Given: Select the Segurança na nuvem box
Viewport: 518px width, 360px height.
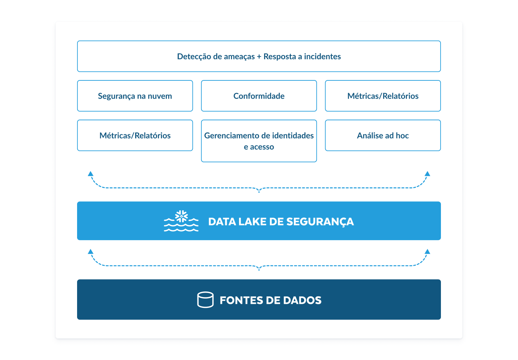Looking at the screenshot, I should pyautogui.click(x=135, y=96).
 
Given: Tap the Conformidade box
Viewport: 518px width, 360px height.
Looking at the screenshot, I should pyautogui.click(x=259, y=96).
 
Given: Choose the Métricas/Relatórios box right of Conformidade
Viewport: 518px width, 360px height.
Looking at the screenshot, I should pyautogui.click(x=383, y=96).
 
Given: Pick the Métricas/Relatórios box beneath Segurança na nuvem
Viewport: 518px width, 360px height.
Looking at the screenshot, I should pyautogui.click(x=135, y=136).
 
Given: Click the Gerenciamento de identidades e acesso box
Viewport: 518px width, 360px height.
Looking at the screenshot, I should pyautogui.click(x=259, y=141).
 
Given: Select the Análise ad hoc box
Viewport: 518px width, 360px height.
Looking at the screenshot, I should pyautogui.click(x=383, y=136).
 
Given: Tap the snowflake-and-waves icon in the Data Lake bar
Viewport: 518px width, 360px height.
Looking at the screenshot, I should pyautogui.click(x=181, y=221).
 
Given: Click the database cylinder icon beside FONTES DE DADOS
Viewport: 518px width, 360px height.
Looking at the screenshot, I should pyautogui.click(x=205, y=300).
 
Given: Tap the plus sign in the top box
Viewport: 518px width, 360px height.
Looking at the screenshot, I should pyautogui.click(x=259, y=57).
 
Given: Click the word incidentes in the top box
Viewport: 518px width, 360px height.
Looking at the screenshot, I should pyautogui.click(x=322, y=57).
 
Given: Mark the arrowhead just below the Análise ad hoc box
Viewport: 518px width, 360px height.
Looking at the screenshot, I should pyautogui.click(x=428, y=174).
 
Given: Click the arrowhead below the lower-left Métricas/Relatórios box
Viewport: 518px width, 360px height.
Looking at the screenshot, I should pyautogui.click(x=90, y=174).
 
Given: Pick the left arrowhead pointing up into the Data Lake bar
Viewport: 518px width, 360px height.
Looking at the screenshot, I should pyautogui.click(x=90, y=252).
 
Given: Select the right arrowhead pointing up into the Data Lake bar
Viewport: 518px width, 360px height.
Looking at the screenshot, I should pyautogui.click(x=428, y=252).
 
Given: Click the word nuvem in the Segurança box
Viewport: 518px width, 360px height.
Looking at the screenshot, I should pyautogui.click(x=160, y=96).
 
